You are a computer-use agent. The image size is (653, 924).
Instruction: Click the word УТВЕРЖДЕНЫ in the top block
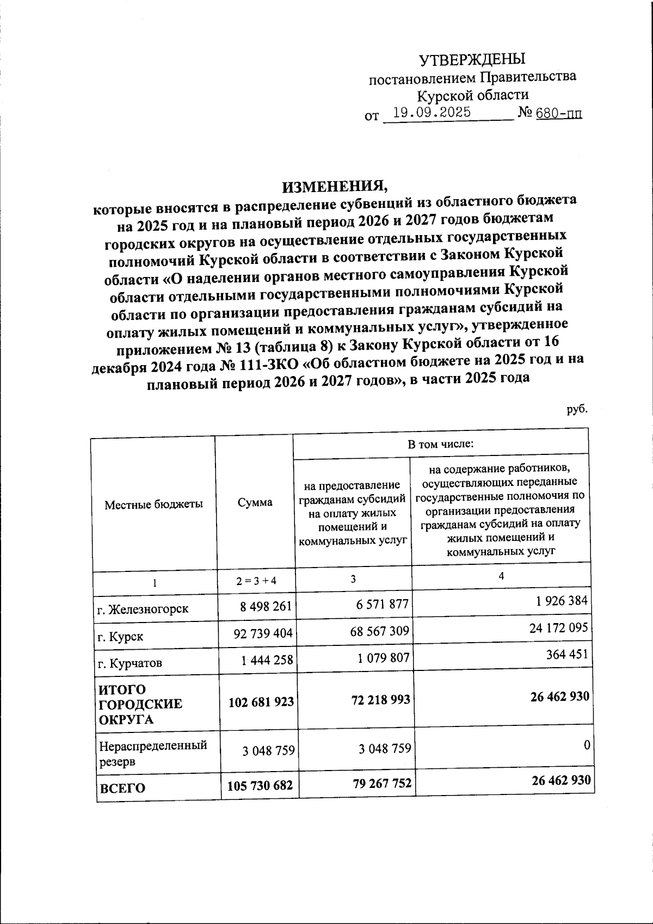pos(472,59)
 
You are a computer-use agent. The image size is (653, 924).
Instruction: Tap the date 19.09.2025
pos(432,113)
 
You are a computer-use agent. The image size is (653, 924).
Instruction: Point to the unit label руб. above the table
pos(577,409)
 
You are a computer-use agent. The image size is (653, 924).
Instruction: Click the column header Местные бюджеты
pos(153,504)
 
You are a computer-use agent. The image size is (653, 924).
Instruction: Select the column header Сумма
pos(255,502)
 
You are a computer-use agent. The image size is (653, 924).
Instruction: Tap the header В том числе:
pos(441,443)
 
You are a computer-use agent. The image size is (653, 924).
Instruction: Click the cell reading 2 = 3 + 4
pos(256,580)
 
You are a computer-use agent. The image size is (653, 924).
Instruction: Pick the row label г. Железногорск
pos(143,608)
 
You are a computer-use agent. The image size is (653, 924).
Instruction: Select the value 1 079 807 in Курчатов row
pos(383,657)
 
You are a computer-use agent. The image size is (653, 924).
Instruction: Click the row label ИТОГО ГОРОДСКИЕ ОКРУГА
pos(140,704)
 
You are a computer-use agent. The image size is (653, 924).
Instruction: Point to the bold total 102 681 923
pos(260,702)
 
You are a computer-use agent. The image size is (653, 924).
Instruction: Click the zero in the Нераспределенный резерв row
pos(587,745)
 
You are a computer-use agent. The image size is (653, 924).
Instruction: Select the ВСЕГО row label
pos(121,788)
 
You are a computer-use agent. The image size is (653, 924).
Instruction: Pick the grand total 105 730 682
pos(260,785)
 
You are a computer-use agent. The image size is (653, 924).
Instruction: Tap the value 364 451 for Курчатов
pos(566,654)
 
